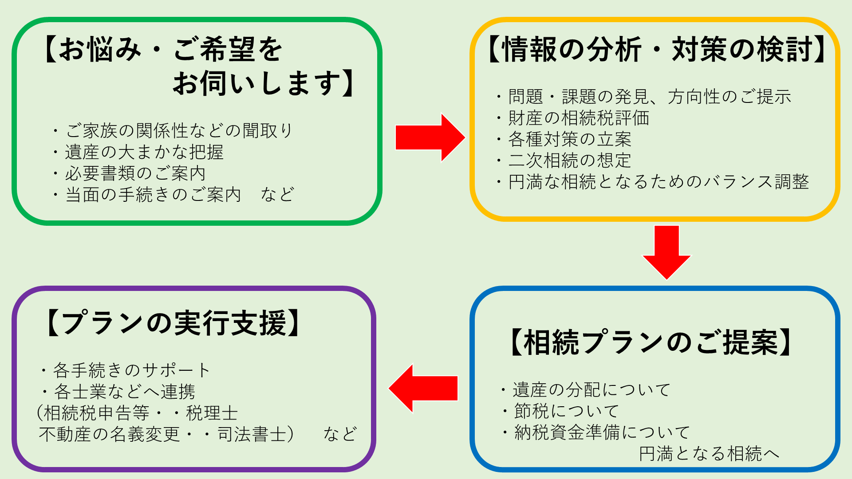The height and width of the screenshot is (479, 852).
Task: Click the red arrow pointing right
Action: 430,137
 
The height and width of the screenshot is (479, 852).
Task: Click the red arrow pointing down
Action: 667,252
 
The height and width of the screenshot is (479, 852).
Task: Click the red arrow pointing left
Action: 423,389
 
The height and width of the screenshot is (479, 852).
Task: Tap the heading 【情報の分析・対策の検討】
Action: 656,49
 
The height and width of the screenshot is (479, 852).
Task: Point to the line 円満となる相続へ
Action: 709,454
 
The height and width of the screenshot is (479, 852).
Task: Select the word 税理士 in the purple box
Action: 212,413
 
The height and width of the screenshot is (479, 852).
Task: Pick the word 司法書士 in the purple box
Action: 252,434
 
